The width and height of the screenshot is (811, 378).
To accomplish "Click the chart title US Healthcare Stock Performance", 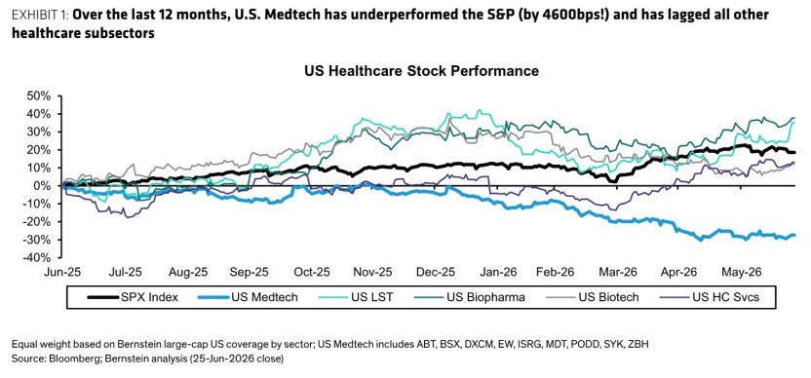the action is coord(421,71).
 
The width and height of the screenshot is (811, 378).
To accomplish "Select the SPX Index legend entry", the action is coord(133,297).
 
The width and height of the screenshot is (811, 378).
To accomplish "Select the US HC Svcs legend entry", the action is coord(711,297).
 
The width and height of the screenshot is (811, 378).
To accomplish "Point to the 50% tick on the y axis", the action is coord(40,96).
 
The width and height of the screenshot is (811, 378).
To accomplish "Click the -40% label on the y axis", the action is coord(38,257).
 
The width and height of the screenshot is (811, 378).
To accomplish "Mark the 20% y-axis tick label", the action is coord(40,150).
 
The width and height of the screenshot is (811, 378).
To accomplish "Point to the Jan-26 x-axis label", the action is coord(500,272).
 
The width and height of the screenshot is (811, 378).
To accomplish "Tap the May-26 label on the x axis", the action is coord(740,272).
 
